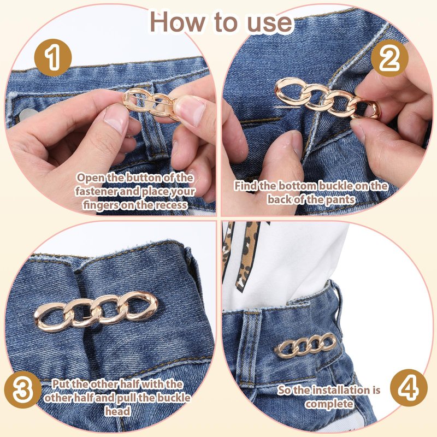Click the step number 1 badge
point(53,58)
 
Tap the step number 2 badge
point(389,58)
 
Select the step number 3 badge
point(23,389)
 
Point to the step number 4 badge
point(409,388)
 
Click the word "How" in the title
point(179,22)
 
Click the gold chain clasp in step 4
point(306,345)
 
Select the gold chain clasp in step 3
point(96,311)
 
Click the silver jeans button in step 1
point(26,114)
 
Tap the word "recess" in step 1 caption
point(171,205)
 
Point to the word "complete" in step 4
point(329,404)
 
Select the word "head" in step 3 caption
point(117,411)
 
